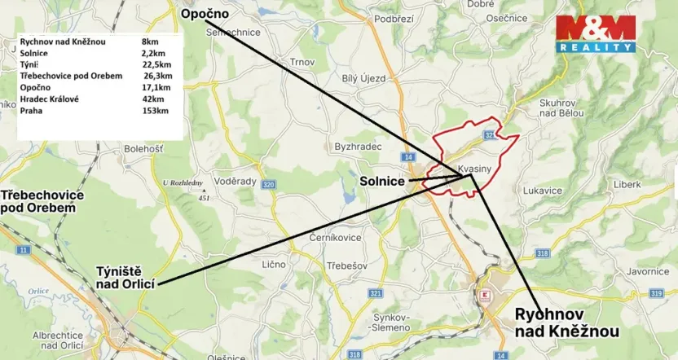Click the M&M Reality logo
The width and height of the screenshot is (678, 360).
click(x=595, y=33)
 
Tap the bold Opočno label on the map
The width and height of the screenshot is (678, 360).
click(x=205, y=14)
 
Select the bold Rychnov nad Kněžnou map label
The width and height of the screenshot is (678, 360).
click(x=566, y=323)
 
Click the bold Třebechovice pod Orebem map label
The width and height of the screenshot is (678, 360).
click(x=42, y=202)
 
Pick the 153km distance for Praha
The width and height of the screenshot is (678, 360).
click(x=156, y=110)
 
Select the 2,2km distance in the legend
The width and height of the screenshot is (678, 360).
click(x=153, y=53)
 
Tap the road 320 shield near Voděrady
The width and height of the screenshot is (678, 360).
click(x=268, y=185)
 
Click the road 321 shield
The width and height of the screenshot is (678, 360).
click(x=376, y=292)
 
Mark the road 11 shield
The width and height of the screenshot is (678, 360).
click(x=23, y=249)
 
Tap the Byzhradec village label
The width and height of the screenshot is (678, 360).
click(x=358, y=147)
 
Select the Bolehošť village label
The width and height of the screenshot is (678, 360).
click(x=143, y=149)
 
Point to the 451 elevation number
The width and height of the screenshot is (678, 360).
click(x=205, y=197)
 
